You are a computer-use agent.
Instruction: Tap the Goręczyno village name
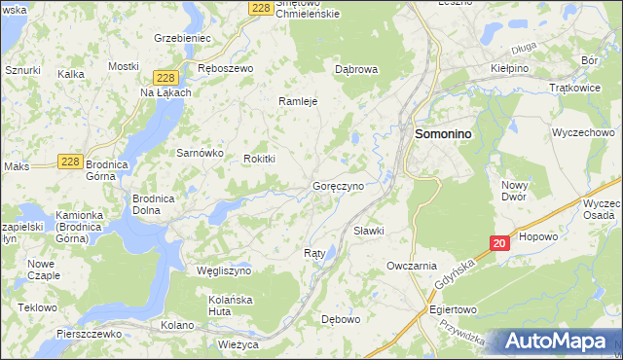click(338, 185)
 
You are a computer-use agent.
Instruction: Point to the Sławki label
click(369, 231)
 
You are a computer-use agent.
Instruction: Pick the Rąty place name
click(314, 253)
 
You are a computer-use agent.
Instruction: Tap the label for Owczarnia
click(411, 266)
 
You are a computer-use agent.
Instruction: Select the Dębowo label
click(341, 318)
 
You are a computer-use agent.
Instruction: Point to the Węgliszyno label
click(224, 270)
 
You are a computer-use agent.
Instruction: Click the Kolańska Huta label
click(230, 306)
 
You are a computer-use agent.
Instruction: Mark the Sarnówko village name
click(200, 154)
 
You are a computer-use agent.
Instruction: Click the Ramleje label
click(299, 101)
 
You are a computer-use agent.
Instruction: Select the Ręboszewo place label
click(225, 68)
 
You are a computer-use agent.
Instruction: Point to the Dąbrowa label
click(355, 70)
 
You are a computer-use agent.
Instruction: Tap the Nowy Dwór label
click(514, 191)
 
